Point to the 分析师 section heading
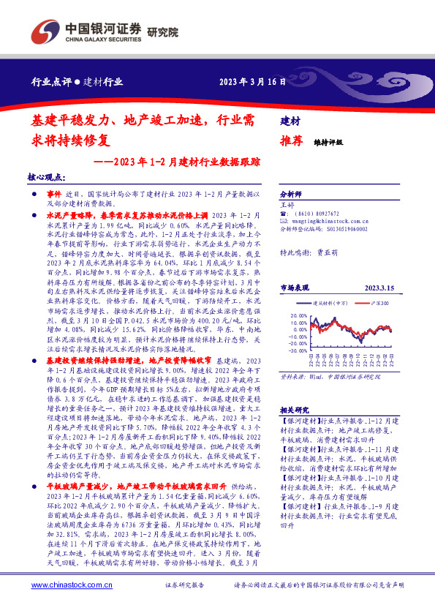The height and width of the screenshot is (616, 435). tap(291, 195)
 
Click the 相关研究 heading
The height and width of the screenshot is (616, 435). tap(295, 410)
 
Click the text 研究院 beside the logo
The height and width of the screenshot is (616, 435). tap(162, 32)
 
